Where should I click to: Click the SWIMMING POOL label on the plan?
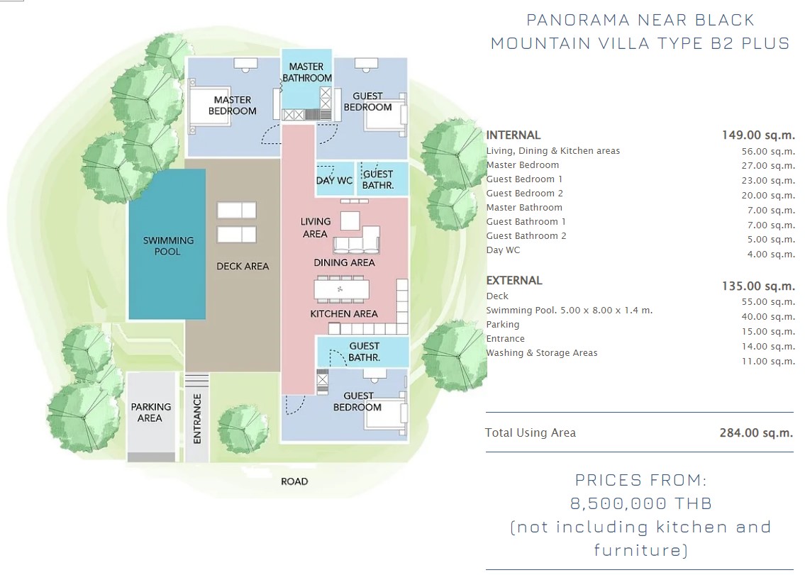168,246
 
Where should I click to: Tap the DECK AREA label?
243,267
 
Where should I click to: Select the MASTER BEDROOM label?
232,105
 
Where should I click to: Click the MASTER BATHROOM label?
306,72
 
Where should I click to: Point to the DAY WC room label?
334,181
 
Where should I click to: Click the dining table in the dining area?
342,290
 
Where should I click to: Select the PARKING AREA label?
150,412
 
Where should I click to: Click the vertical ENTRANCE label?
197,419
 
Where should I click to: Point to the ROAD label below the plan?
294,481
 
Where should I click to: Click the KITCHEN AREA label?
344,313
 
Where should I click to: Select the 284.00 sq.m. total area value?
756,432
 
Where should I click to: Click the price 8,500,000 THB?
641,503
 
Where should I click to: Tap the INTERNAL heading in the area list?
513,135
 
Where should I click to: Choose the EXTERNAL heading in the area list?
514,280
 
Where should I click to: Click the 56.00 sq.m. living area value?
768,152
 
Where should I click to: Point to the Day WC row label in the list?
503,250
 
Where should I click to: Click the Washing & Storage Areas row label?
542,352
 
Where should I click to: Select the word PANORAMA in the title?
578,20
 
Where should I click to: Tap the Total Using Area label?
531,432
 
